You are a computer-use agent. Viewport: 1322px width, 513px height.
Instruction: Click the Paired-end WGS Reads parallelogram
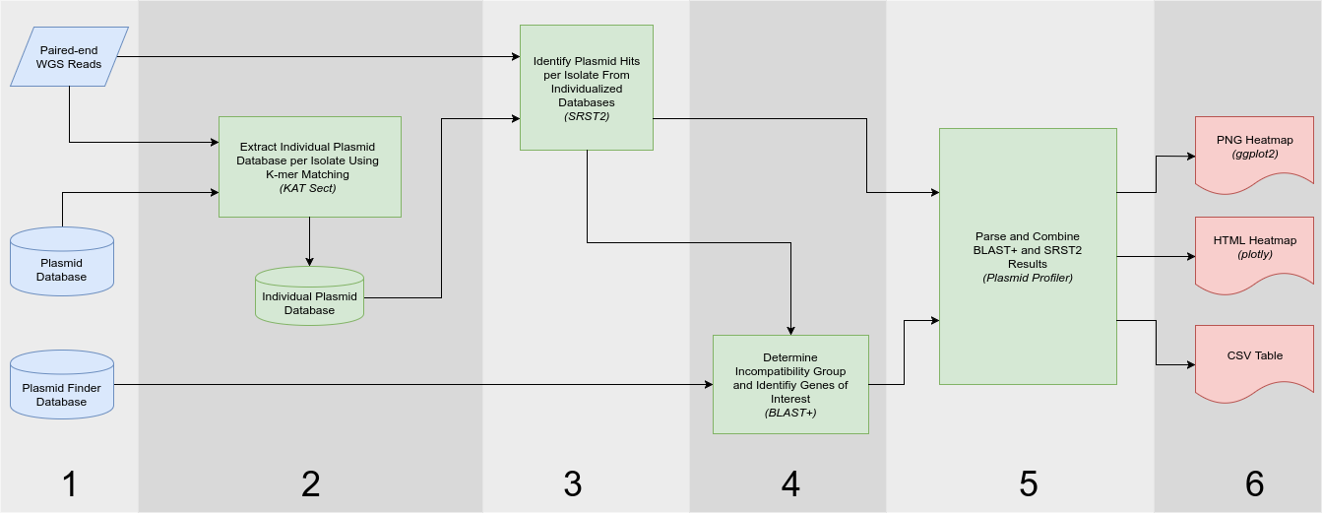point(69,57)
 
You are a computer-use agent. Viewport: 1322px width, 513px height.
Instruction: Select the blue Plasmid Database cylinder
point(62,264)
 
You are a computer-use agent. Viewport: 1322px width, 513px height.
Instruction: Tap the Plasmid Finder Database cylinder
point(62,389)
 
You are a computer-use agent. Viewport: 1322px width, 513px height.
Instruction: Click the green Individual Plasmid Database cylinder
point(309,296)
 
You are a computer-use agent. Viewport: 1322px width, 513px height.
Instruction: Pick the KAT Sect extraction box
point(309,166)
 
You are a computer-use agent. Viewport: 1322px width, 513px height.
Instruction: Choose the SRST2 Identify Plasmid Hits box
point(587,88)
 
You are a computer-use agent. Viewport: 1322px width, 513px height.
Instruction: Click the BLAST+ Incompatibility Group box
point(790,384)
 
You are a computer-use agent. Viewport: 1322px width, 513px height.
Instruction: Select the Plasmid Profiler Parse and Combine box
point(1028,256)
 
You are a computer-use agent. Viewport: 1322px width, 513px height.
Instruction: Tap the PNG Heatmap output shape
point(1254,150)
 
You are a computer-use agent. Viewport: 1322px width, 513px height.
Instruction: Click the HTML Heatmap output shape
point(1254,250)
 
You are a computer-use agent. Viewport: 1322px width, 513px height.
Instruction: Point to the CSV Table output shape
point(1254,357)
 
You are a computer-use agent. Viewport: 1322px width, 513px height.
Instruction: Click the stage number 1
point(69,483)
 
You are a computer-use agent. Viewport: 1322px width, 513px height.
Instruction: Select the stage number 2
point(310,483)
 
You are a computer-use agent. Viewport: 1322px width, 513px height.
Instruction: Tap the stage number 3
point(573,483)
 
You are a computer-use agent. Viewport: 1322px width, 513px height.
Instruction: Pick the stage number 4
point(790,483)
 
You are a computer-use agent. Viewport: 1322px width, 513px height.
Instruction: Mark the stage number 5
point(1028,483)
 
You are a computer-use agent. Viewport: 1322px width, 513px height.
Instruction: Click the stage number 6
point(1254,483)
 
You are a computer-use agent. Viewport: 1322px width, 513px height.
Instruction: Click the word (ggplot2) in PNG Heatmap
point(1254,155)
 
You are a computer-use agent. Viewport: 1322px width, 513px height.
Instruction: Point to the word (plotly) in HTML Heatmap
point(1254,254)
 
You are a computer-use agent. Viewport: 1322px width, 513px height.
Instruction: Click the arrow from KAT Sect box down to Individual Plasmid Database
point(309,241)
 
